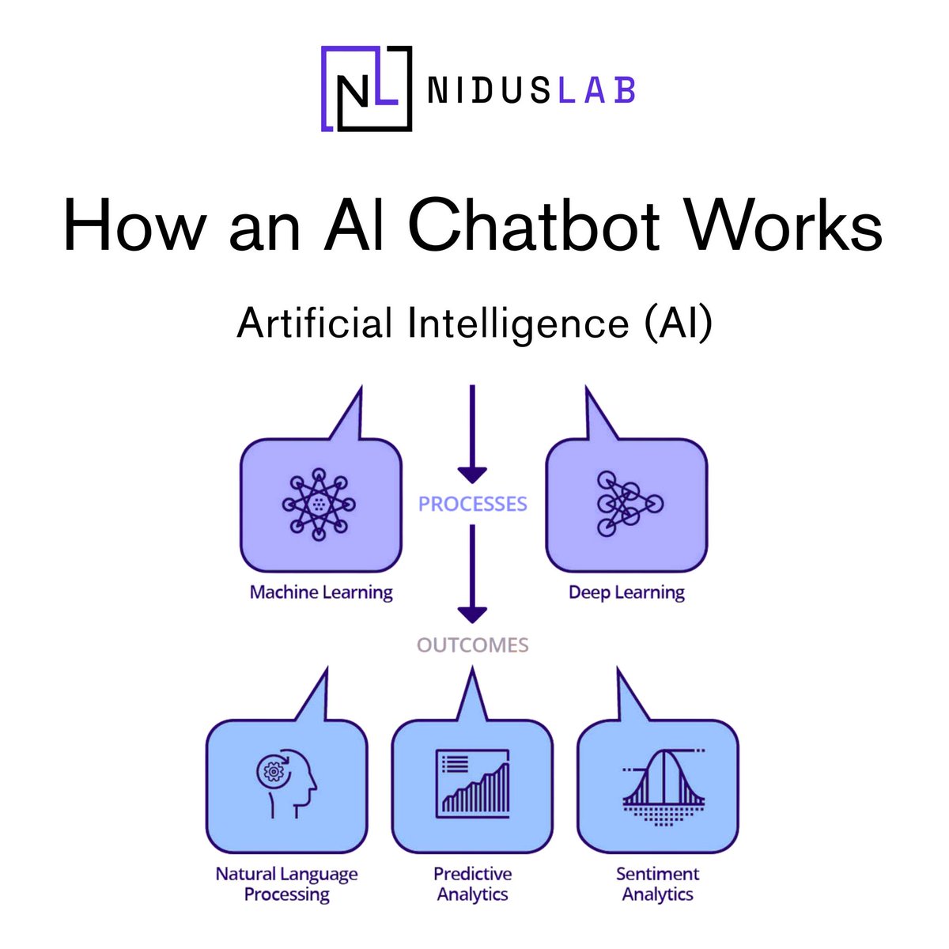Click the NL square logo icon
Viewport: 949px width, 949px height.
pos(366,88)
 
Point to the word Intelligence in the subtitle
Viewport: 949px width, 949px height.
pos(517,323)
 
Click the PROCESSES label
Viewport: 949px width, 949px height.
pos(472,504)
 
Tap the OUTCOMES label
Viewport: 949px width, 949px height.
pos(472,645)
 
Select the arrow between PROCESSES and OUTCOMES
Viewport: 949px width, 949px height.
pos(472,573)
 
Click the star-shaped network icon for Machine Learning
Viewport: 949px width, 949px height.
pos(319,504)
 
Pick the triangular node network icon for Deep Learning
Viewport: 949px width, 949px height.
pos(629,504)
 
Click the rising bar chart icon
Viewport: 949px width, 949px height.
pos(473,783)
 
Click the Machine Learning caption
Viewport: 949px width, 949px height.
pos(321,592)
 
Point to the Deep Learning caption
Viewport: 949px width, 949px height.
pos(626,592)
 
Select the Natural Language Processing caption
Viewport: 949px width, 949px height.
pos(286,884)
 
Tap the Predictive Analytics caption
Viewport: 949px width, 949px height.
pos(472,884)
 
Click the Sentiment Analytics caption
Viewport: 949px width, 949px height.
pos(657,884)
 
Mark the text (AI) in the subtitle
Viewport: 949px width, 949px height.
pos(678,323)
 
